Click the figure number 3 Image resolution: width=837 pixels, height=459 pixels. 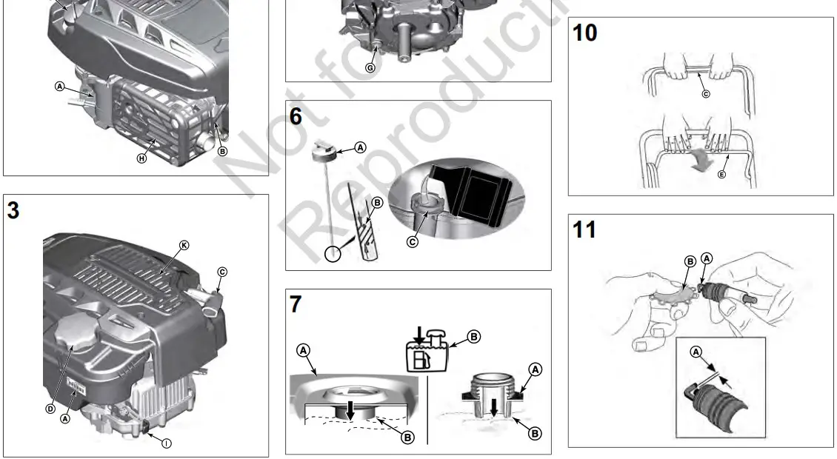pos(13,210)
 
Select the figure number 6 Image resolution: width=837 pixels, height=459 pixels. pos(296,117)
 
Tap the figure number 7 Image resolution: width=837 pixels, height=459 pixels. pos(296,304)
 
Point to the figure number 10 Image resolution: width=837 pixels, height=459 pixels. pos(585,33)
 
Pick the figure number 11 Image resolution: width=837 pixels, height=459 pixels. pos(584,230)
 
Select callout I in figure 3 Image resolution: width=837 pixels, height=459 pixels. pos(166,443)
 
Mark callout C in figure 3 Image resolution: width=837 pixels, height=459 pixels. pos(222,272)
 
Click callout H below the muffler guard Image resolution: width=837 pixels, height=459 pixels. pos(141,158)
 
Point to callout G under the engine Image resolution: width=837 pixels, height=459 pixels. pos(370,67)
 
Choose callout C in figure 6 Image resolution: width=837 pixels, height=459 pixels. pos(412,241)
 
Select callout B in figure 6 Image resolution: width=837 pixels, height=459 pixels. pos(376,201)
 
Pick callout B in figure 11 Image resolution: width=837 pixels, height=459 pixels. pos(689,261)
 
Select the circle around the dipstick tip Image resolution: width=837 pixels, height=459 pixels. pos(333,254)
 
